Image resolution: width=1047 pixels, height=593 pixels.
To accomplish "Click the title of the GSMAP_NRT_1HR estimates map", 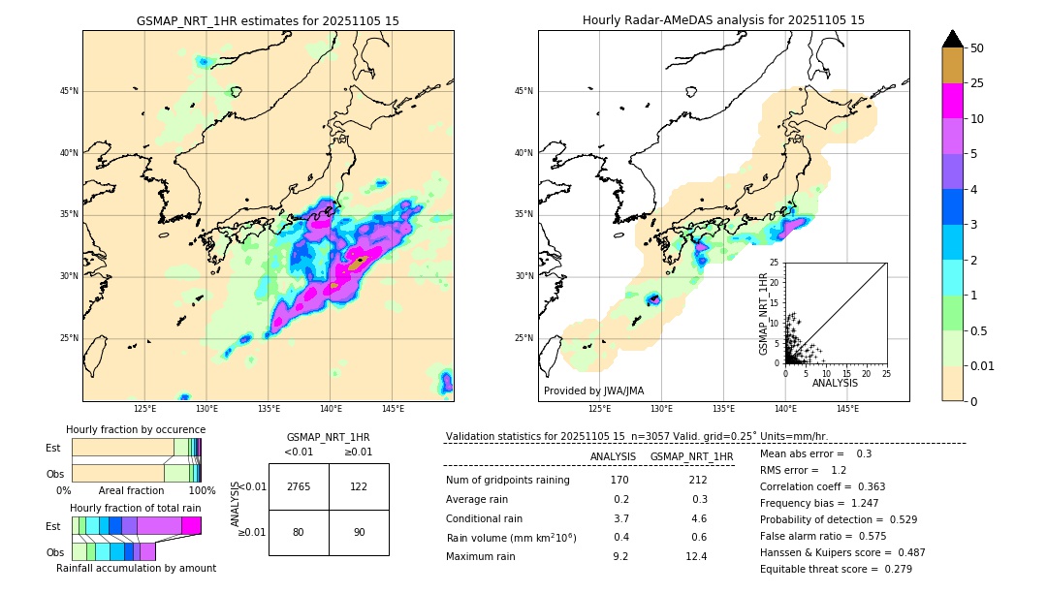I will tap(268, 20).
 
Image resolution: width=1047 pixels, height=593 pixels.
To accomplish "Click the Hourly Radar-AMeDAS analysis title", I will tap(723, 20).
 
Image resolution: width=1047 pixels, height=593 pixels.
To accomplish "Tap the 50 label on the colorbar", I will tap(977, 48).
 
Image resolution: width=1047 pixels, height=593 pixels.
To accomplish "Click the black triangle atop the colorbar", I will tap(953, 39).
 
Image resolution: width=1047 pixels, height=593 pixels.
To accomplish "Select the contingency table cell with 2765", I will tap(299, 486).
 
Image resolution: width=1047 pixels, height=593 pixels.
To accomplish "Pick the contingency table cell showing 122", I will tap(359, 486).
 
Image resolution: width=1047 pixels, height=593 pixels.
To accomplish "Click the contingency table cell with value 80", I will tap(299, 532).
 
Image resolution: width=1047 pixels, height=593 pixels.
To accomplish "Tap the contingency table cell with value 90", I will tap(359, 532).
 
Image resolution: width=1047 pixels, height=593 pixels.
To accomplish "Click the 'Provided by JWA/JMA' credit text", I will tap(593, 391).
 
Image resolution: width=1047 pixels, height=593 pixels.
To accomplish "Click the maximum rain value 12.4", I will tap(696, 556).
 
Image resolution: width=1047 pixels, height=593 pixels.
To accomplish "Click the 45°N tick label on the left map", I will tap(68, 91).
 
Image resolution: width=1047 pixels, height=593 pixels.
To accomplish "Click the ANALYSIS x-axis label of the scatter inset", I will tap(835, 383).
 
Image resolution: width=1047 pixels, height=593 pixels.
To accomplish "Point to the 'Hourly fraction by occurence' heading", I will tap(136, 429).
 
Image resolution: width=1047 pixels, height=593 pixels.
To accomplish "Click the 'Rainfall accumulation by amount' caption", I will tap(136, 568).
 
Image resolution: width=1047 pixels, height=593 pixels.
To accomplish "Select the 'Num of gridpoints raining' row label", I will tap(508, 480).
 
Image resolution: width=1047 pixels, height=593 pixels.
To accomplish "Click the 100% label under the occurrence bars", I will tap(201, 491).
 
